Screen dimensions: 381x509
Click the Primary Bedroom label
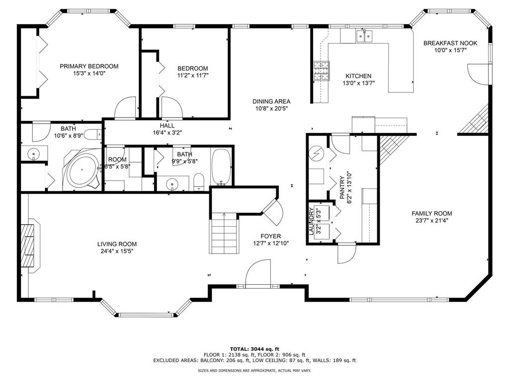pyautogui.click(x=89, y=66)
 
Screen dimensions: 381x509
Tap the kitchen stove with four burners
pyautogui.click(x=321, y=71)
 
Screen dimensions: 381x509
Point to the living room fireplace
pyautogui.click(x=29, y=245)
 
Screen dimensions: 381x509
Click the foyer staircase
pyautogui.click(x=223, y=233)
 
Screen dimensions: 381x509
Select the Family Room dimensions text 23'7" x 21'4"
pyautogui.click(x=431, y=221)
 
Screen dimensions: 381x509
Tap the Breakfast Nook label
pyautogui.click(x=450, y=43)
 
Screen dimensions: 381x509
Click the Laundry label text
pyautogui.click(x=311, y=222)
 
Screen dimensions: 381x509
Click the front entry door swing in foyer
pyautogui.click(x=258, y=274)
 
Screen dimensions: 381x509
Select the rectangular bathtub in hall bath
pyautogui.click(x=221, y=167)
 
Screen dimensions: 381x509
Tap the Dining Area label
pyautogui.click(x=271, y=101)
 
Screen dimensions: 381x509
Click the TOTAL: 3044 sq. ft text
pyautogui.click(x=254, y=349)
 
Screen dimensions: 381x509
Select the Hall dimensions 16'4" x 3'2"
pyautogui.click(x=167, y=132)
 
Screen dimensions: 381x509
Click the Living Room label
pyautogui.click(x=117, y=244)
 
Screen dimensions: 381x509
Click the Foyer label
pyautogui.click(x=271, y=236)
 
